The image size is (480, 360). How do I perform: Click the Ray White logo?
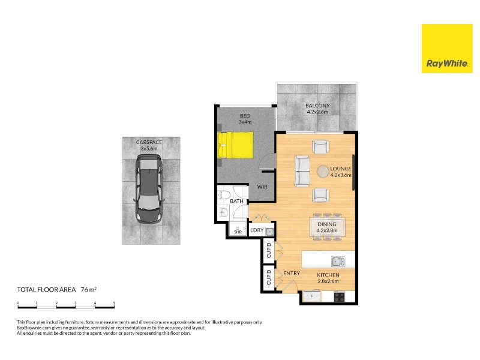pyautogui.click(x=447, y=49)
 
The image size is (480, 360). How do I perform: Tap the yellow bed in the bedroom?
pyautogui.click(x=235, y=145)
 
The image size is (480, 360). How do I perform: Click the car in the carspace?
pyautogui.click(x=149, y=188)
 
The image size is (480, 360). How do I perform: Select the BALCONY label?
pyautogui.click(x=317, y=106)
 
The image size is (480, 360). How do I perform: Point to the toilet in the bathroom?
pyautogui.click(x=224, y=194)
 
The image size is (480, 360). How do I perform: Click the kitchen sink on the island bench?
pyautogui.click(x=338, y=261)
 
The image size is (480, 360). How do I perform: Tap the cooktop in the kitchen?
pyautogui.click(x=339, y=296)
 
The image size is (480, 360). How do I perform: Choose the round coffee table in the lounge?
pyautogui.click(x=323, y=172)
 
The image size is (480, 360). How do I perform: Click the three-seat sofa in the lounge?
pyautogui.click(x=302, y=171)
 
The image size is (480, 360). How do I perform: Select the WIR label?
pyautogui.click(x=262, y=187)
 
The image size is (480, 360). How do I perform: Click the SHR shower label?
pyautogui.click(x=238, y=232)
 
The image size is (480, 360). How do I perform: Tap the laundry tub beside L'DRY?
pyautogui.click(x=269, y=232)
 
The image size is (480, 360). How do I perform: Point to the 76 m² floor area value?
pyautogui.click(x=89, y=289)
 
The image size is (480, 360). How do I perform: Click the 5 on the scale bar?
pyautogui.click(x=114, y=303)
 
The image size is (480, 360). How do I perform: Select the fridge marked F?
pyautogui.click(x=312, y=296)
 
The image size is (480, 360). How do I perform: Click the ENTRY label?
pyautogui.click(x=292, y=273)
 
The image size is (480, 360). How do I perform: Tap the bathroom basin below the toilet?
pyautogui.click(x=223, y=212)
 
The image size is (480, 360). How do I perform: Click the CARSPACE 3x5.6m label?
pyautogui.click(x=149, y=145)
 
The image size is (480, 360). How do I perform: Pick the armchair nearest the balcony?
pyautogui.click(x=320, y=146)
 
